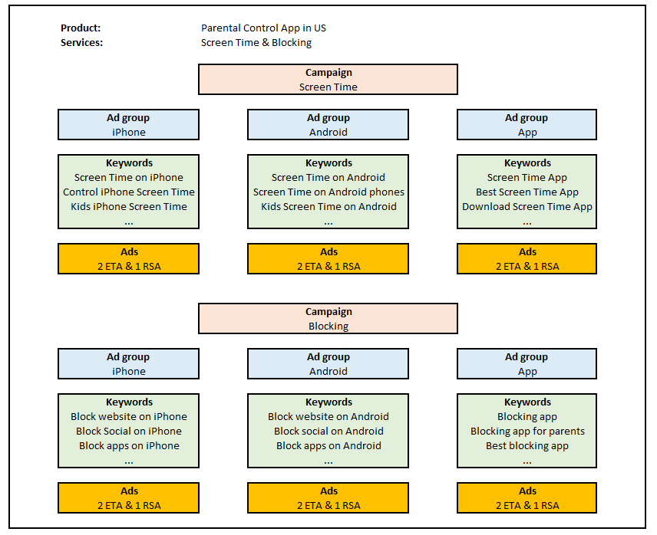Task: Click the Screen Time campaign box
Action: [x=328, y=80]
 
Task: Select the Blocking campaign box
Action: [x=328, y=319]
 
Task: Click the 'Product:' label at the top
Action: [x=81, y=28]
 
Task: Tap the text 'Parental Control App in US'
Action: [x=263, y=28]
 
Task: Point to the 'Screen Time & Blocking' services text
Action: [x=256, y=43]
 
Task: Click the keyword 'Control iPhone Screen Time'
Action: [x=129, y=192]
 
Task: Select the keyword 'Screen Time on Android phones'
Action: [x=328, y=192]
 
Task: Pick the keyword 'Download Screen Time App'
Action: [x=527, y=207]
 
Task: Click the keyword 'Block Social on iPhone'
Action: [x=129, y=432]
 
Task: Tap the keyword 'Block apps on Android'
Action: [x=328, y=446]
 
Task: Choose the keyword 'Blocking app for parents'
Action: [x=527, y=432]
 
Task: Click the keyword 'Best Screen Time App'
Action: [x=527, y=192]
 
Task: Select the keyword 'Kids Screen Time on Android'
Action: [x=328, y=207]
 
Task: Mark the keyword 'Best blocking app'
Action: [x=527, y=446]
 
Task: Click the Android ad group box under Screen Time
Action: [x=328, y=125]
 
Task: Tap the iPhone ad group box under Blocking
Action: [x=128, y=364]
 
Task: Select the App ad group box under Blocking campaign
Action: [x=527, y=364]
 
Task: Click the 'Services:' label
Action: [x=82, y=43]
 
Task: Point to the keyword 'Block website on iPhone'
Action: [x=129, y=417]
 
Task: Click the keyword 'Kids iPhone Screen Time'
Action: [x=129, y=207]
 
